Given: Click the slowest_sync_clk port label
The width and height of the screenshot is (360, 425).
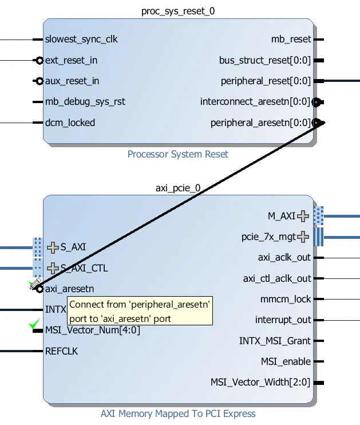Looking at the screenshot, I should (81, 40).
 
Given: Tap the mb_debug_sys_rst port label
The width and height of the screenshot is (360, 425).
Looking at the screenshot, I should (85, 102).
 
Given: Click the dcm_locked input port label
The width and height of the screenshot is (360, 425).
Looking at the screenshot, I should (70, 123).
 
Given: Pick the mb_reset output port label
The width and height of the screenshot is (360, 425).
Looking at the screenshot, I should (291, 40).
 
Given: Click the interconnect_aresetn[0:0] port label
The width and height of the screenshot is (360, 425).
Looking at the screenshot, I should (255, 102).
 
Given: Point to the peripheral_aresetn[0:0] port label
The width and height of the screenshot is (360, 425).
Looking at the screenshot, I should (260, 123).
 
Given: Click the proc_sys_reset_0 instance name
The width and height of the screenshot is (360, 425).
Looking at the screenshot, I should (178, 11).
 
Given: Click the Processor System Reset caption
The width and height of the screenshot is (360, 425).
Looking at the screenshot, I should (177, 154).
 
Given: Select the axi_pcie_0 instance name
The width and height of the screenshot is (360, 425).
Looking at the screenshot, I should (178, 187).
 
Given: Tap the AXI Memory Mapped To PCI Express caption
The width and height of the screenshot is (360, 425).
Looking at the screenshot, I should (178, 414).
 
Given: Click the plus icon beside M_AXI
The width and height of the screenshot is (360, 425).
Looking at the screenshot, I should (303, 216).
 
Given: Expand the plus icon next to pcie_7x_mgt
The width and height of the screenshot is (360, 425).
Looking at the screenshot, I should (303, 237).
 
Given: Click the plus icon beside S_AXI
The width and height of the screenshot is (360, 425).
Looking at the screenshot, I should (53, 247).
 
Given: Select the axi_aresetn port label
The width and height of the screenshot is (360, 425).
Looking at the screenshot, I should (69, 289).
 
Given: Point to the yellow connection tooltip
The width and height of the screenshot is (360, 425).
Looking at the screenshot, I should (140, 311).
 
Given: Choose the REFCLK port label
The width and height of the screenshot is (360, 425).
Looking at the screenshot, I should (61, 351).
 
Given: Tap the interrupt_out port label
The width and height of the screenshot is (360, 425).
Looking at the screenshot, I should (283, 320).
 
